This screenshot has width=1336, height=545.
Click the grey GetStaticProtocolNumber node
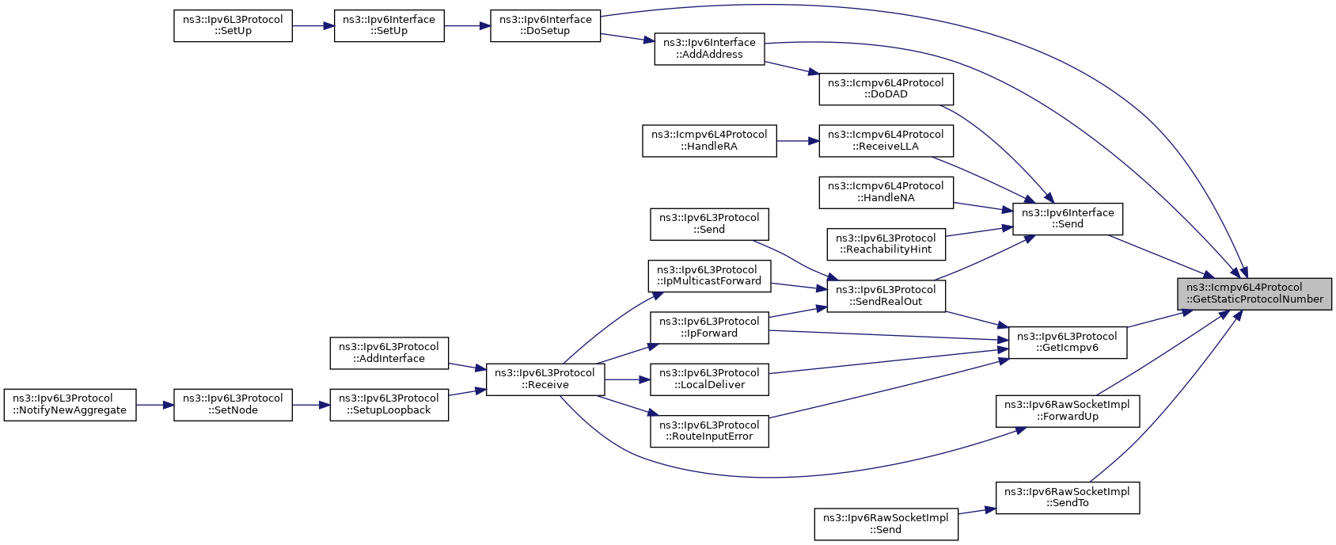[1254, 294]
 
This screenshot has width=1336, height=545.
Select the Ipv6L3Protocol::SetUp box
[233, 25]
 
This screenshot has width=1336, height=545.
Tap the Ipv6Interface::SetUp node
[389, 25]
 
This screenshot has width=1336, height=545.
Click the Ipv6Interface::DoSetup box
[545, 25]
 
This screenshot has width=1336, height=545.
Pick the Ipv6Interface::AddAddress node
[709, 49]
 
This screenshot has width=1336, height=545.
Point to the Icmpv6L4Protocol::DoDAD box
[886, 89]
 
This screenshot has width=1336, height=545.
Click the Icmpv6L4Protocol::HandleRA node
[709, 141]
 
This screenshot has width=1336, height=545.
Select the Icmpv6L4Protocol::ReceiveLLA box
[886, 141]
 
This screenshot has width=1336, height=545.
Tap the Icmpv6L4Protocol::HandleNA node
[886, 192]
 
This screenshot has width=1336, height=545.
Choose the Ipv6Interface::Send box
[1068, 219]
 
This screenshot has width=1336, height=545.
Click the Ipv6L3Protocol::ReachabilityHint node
[886, 244]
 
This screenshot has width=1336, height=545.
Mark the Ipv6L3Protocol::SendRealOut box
[886, 296]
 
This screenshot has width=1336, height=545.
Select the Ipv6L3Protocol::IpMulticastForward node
[709, 276]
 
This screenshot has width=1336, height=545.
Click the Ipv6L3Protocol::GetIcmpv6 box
[1068, 343]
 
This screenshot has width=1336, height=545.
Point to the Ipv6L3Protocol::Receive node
[545, 379]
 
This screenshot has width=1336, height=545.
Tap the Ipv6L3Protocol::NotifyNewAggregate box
[70, 405]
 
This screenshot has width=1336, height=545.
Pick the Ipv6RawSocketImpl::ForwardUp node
[1068, 411]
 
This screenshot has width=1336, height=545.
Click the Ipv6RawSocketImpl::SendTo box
[1068, 497]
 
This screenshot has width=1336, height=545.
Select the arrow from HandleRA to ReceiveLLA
[798, 141]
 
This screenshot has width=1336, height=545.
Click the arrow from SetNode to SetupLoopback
[311, 405]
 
